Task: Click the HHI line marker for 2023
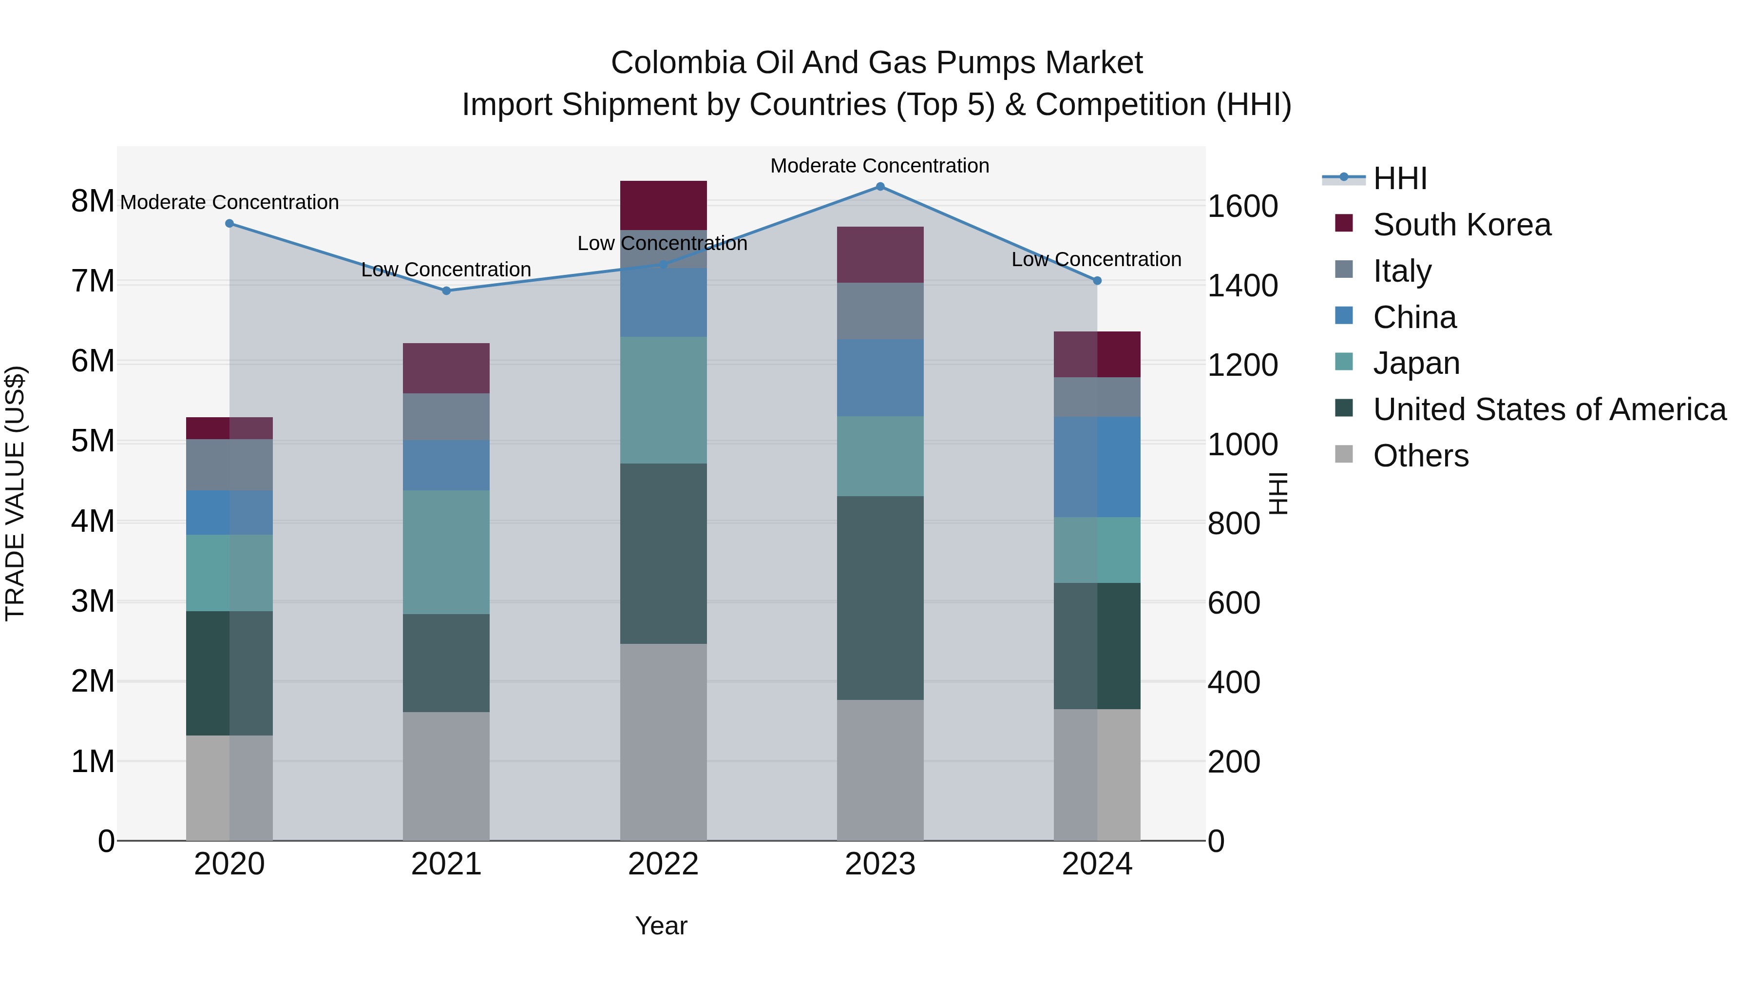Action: pyautogui.click(x=880, y=187)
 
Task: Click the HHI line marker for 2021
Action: pyautogui.click(x=446, y=291)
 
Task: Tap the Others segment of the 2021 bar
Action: pyautogui.click(x=446, y=776)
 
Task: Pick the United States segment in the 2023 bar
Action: pyautogui.click(x=880, y=598)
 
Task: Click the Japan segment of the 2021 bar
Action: pyautogui.click(x=446, y=552)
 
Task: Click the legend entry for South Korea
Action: pyautogui.click(x=1461, y=225)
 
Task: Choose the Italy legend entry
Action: pyautogui.click(x=1402, y=271)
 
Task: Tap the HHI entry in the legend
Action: pyautogui.click(x=1399, y=178)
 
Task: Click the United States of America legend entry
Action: pyautogui.click(x=1549, y=409)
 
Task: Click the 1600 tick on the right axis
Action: pyautogui.click(x=1242, y=206)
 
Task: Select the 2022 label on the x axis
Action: pyautogui.click(x=663, y=864)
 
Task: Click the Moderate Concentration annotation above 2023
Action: pyautogui.click(x=880, y=166)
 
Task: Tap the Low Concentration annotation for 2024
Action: pyautogui.click(x=1096, y=259)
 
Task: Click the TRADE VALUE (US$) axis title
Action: pyautogui.click(x=15, y=493)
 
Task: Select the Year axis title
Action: pyautogui.click(x=661, y=926)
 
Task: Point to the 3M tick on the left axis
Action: pyautogui.click(x=93, y=601)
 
